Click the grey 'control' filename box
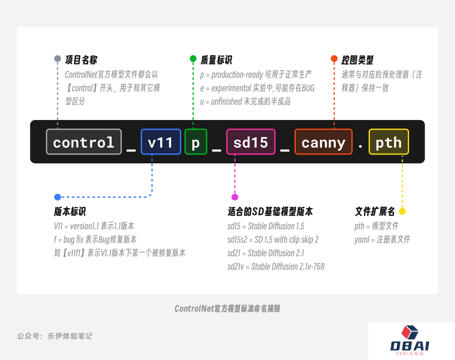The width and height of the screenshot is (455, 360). [84, 141]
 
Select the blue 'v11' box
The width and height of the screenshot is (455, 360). [161, 141]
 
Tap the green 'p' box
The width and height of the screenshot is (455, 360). [196, 141]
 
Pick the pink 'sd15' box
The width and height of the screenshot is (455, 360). [251, 141]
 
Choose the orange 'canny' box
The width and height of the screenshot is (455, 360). [324, 141]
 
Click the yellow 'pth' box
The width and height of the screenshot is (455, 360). [389, 141]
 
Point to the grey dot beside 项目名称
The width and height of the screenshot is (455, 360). [57, 59]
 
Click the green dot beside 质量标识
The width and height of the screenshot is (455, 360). [193, 59]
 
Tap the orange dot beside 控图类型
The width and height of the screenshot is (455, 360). [334, 59]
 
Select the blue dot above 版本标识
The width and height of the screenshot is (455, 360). [57, 197]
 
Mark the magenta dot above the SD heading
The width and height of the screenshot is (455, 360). [235, 197]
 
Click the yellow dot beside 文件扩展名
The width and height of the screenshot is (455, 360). [402, 211]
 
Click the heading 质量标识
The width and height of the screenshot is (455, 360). [216, 60]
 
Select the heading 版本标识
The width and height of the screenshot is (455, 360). [70, 211]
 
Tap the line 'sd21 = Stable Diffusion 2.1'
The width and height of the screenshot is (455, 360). [266, 253]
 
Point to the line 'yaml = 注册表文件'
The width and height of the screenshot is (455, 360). [382, 240]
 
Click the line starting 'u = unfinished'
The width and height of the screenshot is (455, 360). [245, 101]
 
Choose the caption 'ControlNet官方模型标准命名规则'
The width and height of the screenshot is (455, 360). [227, 308]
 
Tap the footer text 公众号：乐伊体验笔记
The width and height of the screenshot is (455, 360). [55, 336]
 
